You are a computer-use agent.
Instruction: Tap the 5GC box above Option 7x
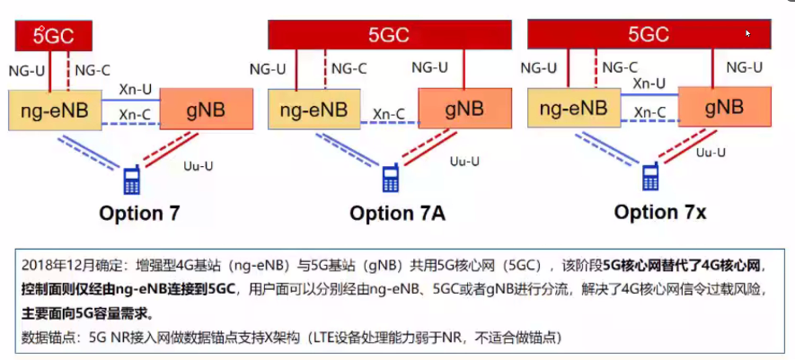pos(649,35)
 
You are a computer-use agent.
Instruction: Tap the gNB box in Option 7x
pos(724,108)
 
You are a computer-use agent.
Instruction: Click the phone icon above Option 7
pos(132,180)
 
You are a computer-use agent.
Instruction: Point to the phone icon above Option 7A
pos(391,178)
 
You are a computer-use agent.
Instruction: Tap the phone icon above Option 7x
pos(650,177)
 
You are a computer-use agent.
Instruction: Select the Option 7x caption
pos(660,212)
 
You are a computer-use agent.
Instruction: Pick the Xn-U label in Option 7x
pos(649,83)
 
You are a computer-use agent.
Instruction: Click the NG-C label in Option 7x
pos(619,67)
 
